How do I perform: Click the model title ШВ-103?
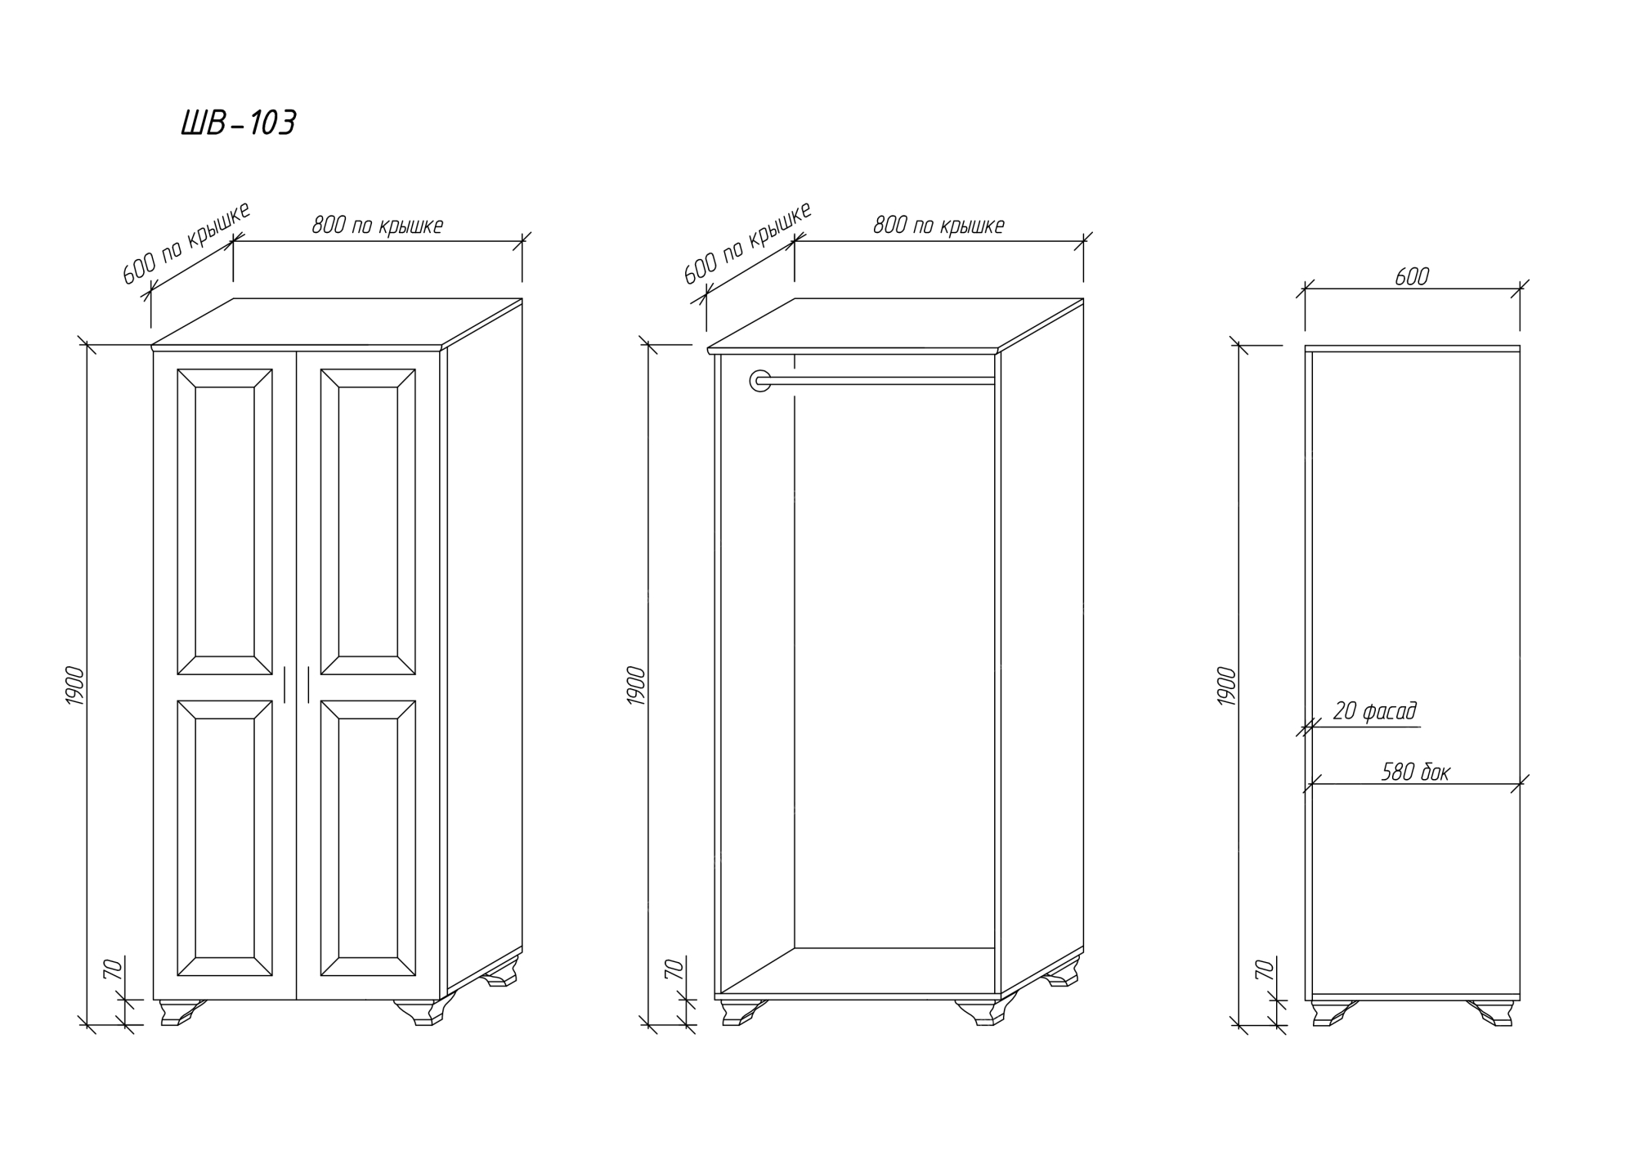[x=238, y=124]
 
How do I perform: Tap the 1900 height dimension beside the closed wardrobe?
[x=74, y=687]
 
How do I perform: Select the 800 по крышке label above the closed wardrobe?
[x=377, y=226]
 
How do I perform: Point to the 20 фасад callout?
[x=1374, y=711]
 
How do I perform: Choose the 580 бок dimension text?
[x=1415, y=772]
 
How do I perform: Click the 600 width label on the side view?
[x=1412, y=277]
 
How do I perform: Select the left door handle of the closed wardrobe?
[x=284, y=685]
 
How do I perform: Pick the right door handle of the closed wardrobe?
[x=308, y=685]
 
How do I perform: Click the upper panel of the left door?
[x=225, y=522]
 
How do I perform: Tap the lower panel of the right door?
[x=368, y=838]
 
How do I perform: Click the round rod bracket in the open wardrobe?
[x=760, y=380]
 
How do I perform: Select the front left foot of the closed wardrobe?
[x=182, y=1012]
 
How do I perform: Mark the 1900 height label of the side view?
[x=1227, y=687]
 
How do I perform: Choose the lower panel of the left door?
[x=225, y=838]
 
